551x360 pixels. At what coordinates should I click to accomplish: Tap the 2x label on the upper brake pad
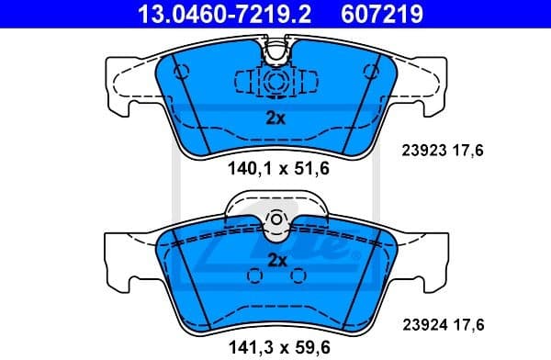click(275, 118)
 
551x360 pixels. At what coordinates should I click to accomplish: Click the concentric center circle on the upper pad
click(275, 82)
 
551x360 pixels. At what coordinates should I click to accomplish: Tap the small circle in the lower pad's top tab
click(275, 219)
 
